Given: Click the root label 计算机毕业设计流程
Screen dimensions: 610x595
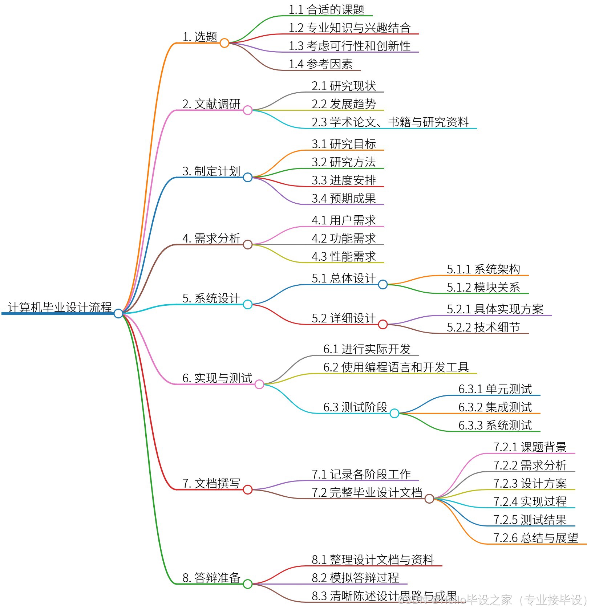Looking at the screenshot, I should click(x=60, y=307).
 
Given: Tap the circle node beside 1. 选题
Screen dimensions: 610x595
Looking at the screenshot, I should click(x=224, y=43).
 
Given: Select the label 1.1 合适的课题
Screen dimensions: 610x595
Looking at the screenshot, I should click(x=326, y=10).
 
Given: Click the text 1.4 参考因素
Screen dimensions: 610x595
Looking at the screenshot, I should click(x=320, y=64).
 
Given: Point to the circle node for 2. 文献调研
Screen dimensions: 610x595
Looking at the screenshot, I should click(x=248, y=110).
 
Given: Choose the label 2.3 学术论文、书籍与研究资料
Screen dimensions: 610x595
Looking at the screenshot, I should click(x=390, y=122).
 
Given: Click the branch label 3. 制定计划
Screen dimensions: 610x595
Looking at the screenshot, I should click(x=211, y=171).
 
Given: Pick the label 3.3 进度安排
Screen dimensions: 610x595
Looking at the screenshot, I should click(x=344, y=180).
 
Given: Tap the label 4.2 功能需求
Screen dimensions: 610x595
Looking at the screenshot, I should click(x=344, y=239).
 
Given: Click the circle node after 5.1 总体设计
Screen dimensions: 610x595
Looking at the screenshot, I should click(x=383, y=284).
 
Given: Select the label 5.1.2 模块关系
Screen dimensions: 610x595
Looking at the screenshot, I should click(x=483, y=288).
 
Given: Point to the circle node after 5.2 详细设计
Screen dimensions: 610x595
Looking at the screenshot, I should click(x=383, y=324).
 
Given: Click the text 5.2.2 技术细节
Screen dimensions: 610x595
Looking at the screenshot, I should click(x=483, y=328).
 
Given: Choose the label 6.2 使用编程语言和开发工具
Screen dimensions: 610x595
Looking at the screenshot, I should click(x=396, y=367).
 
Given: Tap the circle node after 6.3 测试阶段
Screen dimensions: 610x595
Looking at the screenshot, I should click(x=394, y=413).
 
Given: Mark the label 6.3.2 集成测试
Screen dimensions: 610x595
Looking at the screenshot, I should click(x=495, y=407).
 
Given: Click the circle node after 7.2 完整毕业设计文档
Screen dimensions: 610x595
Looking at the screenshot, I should click(x=429, y=499).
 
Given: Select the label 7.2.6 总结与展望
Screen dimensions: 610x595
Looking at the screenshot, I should click(x=535, y=538).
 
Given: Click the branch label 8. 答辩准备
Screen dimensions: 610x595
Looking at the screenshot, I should click(x=211, y=578).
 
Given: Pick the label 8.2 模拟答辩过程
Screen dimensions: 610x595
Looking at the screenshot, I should click(x=355, y=578).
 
